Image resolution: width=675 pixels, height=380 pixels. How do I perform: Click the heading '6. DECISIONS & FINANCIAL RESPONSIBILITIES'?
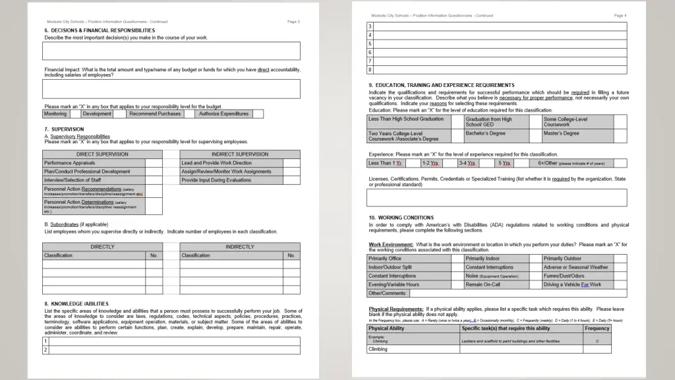(100, 30)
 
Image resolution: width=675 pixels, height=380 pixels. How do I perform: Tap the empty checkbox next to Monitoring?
(74, 113)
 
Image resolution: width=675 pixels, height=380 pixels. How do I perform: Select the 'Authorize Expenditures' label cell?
(224, 113)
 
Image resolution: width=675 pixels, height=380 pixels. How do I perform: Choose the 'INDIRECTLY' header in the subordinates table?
(239, 247)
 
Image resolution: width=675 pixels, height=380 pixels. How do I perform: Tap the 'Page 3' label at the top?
(293, 22)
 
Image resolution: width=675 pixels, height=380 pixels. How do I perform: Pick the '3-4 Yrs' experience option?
(467, 163)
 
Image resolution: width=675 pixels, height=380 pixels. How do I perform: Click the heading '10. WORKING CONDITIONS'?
(401, 218)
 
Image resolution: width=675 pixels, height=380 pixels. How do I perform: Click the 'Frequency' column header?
(597, 328)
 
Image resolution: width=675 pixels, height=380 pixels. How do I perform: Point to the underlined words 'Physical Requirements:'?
(396, 309)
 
